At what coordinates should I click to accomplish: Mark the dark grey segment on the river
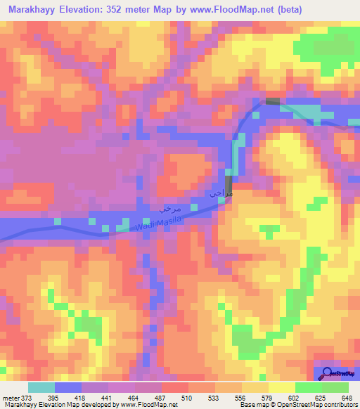coord(273,102)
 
